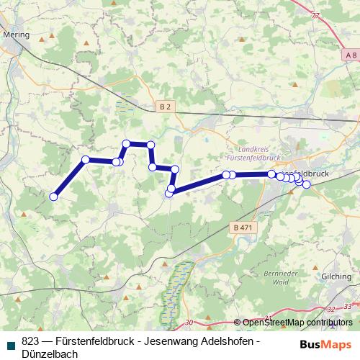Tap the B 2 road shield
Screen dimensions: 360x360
pyautogui.click(x=166, y=107)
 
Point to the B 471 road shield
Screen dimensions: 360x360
pyautogui.click(x=243, y=228)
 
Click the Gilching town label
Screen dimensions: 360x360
pyautogui.click(x=337, y=276)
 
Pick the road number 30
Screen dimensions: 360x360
pyautogui.click(x=189, y=322)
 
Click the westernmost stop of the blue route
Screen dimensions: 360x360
pyautogui.click(x=53, y=197)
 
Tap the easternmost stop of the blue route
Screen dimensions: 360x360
pyautogui.click(x=306, y=184)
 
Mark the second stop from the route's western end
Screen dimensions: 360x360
pyautogui.click(x=86, y=159)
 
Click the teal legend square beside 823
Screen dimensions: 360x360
pyautogui.click(x=12, y=341)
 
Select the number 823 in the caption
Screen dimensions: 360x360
pyautogui.click(x=30, y=341)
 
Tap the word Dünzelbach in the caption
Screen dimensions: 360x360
pyautogui.click(x=48, y=354)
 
